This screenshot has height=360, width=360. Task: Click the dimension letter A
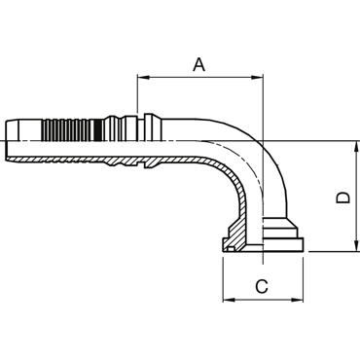pos(199,64)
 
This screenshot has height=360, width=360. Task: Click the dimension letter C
pos(262,286)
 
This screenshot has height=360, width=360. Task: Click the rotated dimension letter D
pos(342,198)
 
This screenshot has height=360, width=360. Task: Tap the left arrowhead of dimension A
pos(143,78)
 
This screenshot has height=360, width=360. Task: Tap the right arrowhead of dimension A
pos(256,78)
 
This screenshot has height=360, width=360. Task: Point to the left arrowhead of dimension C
pos(229,300)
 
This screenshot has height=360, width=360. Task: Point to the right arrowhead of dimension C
pos(298,300)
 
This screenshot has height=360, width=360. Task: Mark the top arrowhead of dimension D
pos(357,147)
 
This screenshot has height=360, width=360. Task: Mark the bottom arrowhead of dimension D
pos(357,245)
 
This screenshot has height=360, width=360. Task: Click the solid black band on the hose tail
pos(98,129)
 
